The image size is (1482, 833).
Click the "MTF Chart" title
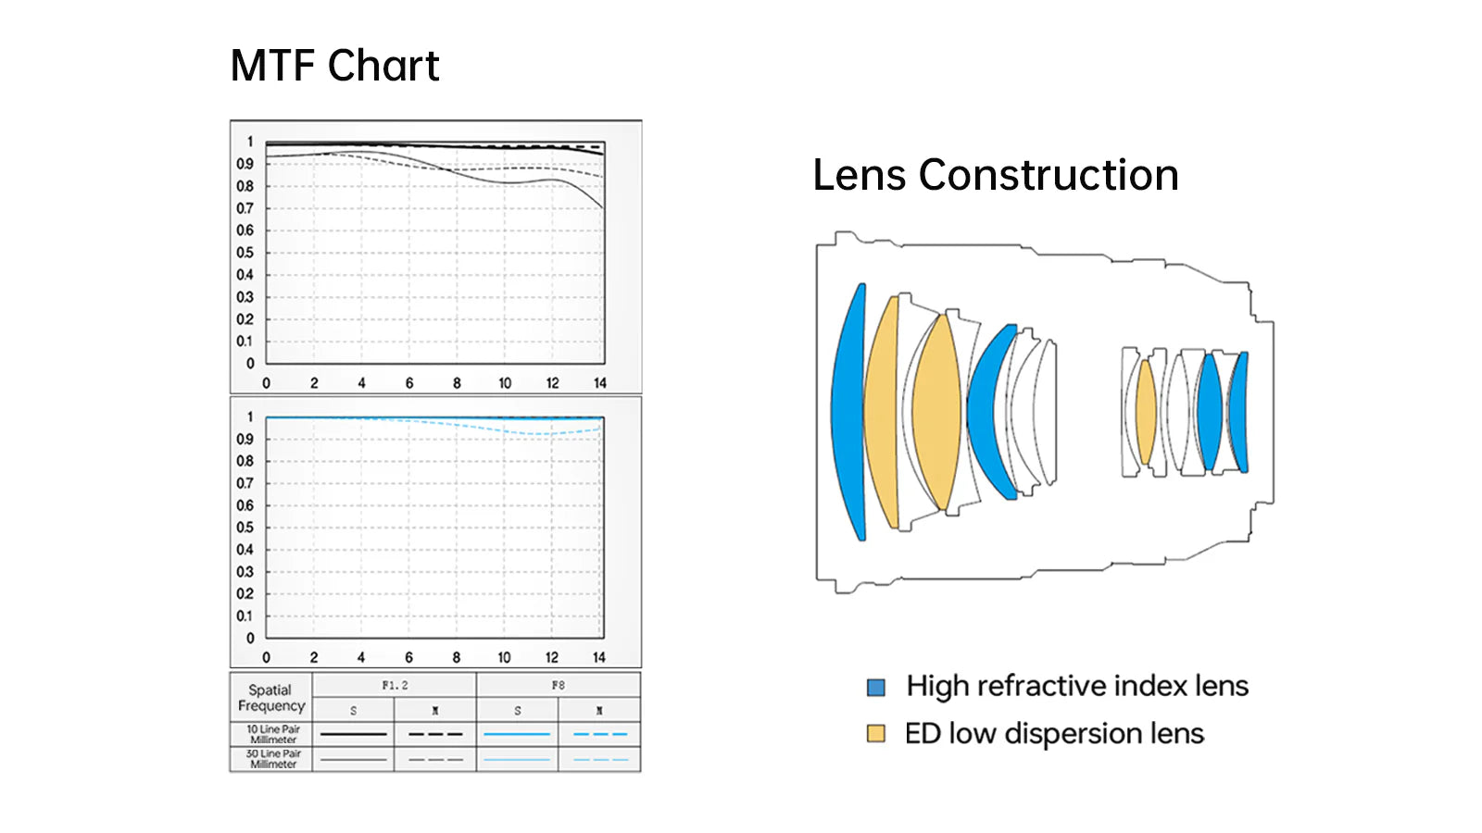tap(334, 66)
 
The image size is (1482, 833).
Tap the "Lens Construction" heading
tap(995, 175)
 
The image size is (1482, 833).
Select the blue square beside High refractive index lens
tap(875, 687)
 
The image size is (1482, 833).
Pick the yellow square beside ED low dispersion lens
tap(875, 734)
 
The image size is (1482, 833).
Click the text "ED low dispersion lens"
tap(1054, 734)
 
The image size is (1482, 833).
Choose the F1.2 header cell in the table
tap(395, 685)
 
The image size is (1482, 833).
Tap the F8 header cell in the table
tap(558, 685)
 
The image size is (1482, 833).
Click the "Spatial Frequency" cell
tap(270, 698)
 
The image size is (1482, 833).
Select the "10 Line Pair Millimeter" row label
tap(272, 734)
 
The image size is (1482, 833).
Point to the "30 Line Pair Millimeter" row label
tap(272, 759)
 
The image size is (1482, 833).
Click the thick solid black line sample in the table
tap(353, 734)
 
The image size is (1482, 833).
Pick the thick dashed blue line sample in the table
tap(599, 734)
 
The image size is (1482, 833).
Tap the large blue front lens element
tap(847, 412)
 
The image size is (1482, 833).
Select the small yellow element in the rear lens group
tap(1146, 412)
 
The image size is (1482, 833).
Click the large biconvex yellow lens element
tap(936, 412)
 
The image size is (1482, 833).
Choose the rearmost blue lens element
tap(1238, 412)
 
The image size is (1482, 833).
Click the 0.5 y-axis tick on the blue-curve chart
tap(245, 528)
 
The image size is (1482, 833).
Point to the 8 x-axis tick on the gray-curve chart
tap(457, 383)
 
